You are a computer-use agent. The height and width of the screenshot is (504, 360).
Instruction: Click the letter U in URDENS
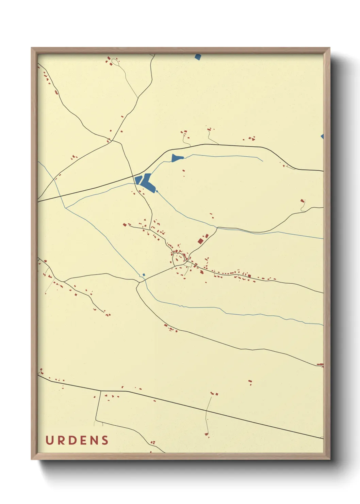point(50,440)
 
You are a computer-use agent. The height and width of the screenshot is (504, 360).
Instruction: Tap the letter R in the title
point(61,440)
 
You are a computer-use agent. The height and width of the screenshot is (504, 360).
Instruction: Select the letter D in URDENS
point(72,440)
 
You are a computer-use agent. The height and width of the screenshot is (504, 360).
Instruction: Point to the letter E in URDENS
point(83,440)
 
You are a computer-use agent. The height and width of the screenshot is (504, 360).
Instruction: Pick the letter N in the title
point(94,440)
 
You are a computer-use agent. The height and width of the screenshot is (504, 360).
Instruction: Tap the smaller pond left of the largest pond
point(138,180)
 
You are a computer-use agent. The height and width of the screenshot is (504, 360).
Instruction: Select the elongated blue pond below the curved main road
point(177,158)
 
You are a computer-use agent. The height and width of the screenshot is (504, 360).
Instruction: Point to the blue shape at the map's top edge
point(198,57)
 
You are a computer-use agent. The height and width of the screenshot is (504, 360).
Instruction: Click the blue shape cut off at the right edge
point(322,137)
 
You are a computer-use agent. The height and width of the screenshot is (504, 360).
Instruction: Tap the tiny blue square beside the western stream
point(144,274)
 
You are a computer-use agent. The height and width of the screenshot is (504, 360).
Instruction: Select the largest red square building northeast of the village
point(200,241)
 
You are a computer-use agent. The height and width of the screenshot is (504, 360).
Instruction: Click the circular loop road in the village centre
point(178,258)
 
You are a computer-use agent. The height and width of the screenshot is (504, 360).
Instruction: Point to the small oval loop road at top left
point(115,62)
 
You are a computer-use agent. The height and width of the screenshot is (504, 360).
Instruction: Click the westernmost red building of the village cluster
point(125,225)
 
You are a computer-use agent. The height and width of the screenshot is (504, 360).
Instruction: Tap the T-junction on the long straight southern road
point(101,391)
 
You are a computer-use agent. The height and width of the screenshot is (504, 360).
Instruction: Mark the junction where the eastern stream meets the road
point(217,227)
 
